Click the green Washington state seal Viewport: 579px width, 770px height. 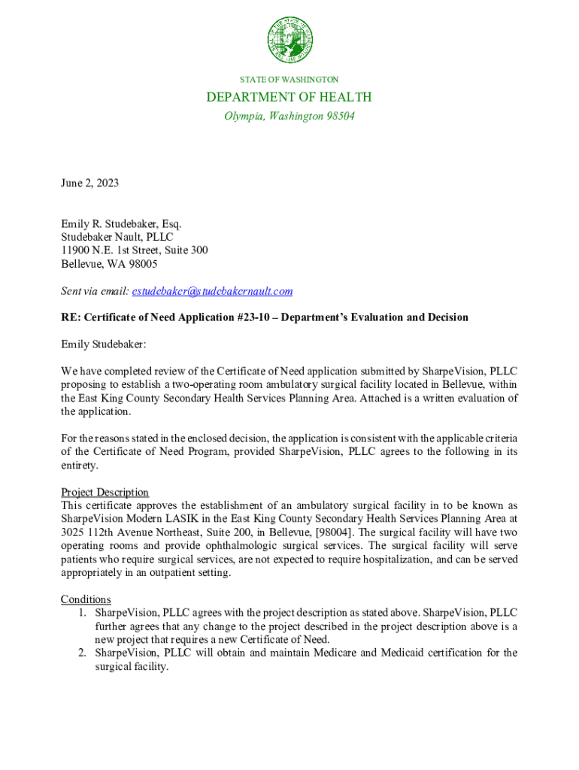289,41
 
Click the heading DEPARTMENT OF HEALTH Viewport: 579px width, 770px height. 289,97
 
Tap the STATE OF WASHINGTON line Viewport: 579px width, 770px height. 289,79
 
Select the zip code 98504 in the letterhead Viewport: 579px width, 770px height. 338,117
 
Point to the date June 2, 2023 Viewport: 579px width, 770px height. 89,183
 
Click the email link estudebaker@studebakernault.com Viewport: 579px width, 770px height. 212,291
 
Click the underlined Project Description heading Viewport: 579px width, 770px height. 105,493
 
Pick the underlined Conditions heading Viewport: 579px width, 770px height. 86,599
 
